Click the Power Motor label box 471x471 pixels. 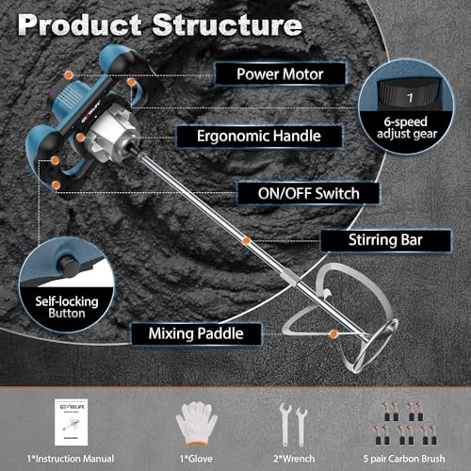point(281,74)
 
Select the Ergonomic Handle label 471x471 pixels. point(259,136)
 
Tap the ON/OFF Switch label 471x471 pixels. point(308,193)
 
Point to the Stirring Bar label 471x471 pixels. point(385,240)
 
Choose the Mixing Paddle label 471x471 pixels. point(196,333)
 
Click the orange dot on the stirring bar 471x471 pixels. point(247,241)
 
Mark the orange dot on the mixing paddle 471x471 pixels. point(333,334)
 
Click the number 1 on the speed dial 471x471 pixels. point(410,98)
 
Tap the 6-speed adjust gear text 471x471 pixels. point(407,128)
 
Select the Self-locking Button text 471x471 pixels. point(67,307)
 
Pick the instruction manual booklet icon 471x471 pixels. point(72,422)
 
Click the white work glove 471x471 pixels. point(197,424)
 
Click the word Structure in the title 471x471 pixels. point(227,25)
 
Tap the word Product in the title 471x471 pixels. point(80,25)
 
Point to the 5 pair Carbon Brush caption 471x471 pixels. point(404,459)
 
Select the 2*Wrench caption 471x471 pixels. point(294,459)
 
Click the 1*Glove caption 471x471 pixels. point(196,459)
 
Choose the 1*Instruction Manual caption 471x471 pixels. point(71,459)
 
